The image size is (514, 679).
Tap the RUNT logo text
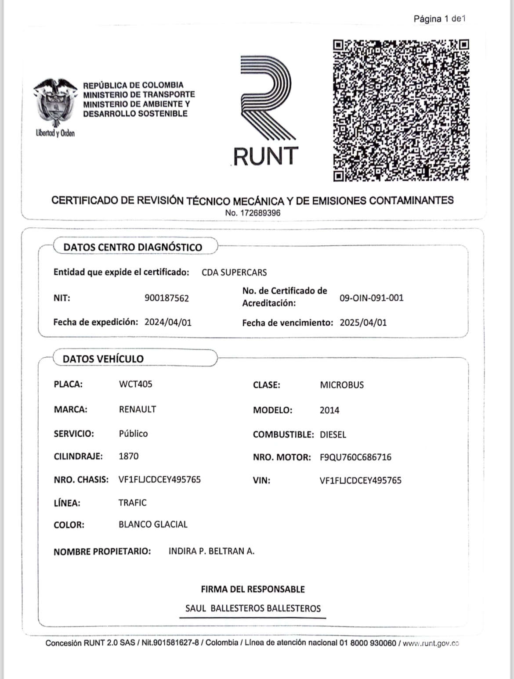[x=265, y=156]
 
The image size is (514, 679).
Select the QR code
[x=401, y=110]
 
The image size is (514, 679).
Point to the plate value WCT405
[x=135, y=384]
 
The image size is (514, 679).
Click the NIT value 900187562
[x=167, y=298]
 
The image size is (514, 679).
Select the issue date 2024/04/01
[x=168, y=322]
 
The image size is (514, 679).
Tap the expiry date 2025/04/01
[x=363, y=323]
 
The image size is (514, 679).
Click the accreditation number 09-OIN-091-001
[x=371, y=298]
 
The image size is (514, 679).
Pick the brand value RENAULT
[x=138, y=409]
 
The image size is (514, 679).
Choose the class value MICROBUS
[x=342, y=385]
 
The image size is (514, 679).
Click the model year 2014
[x=329, y=410]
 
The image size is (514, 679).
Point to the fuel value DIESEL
[x=333, y=435]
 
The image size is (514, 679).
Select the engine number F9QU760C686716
[x=355, y=457]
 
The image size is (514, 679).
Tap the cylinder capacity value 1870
[x=128, y=456]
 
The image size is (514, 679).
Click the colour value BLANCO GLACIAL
[x=153, y=524]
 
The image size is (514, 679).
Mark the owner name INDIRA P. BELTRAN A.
[x=211, y=551]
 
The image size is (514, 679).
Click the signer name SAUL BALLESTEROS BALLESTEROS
[x=253, y=608]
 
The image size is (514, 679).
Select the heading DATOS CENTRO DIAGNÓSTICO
[x=133, y=247]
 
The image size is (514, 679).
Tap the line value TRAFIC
[x=132, y=503]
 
